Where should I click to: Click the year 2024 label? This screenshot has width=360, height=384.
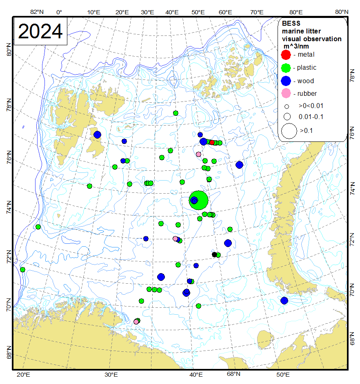(40, 31)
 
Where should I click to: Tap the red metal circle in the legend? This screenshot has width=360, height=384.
(287, 54)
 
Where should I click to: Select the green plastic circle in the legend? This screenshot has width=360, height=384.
(287, 68)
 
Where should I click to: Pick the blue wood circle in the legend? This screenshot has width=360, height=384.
(287, 81)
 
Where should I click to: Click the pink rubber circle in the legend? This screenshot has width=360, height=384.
(287, 93)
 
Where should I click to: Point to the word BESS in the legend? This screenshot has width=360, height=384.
(291, 24)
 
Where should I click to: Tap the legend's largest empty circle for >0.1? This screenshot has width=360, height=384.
(289, 131)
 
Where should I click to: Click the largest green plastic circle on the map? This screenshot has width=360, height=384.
(199, 200)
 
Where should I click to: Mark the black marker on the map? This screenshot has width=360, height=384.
(214, 254)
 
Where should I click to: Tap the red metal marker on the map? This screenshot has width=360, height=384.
(212, 142)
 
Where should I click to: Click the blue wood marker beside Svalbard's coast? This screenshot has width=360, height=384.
(97, 135)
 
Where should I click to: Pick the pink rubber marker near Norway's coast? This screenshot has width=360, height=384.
(136, 322)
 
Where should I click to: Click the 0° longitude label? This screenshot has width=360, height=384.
(59, 12)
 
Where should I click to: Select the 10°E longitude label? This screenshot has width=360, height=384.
(94, 12)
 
